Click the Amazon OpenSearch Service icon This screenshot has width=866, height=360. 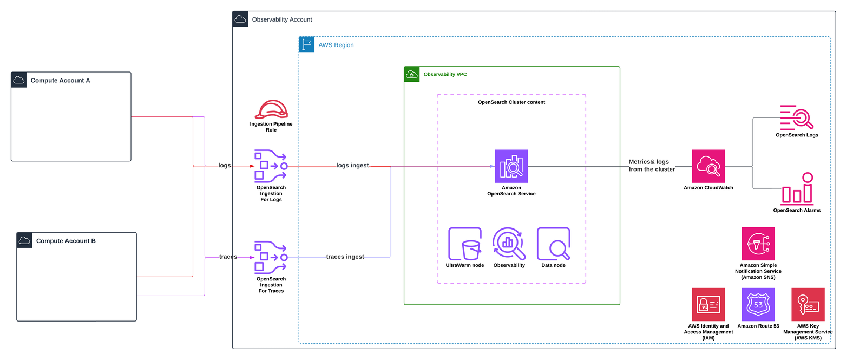click(x=511, y=166)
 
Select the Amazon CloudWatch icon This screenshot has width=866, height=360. click(x=708, y=166)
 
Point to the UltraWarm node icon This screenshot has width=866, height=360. click(x=465, y=244)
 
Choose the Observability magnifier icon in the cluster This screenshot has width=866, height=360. click(x=509, y=244)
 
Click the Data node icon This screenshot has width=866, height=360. click(x=553, y=244)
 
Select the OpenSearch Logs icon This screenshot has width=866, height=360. click(x=796, y=117)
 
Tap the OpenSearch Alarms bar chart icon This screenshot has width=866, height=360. click(x=797, y=189)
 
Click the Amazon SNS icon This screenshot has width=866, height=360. click(x=758, y=244)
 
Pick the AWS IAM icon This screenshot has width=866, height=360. click(x=708, y=304)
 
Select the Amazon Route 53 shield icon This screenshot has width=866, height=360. click(x=758, y=304)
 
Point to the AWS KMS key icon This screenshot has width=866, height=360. click(x=808, y=304)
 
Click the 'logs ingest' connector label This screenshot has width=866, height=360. click(x=352, y=166)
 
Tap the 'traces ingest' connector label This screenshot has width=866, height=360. click(x=345, y=257)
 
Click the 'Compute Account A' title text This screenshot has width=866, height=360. click(x=60, y=81)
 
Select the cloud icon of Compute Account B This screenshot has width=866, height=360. click(x=24, y=240)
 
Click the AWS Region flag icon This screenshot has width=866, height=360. click(x=306, y=44)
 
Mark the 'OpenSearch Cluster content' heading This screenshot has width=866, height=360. click(x=511, y=102)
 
